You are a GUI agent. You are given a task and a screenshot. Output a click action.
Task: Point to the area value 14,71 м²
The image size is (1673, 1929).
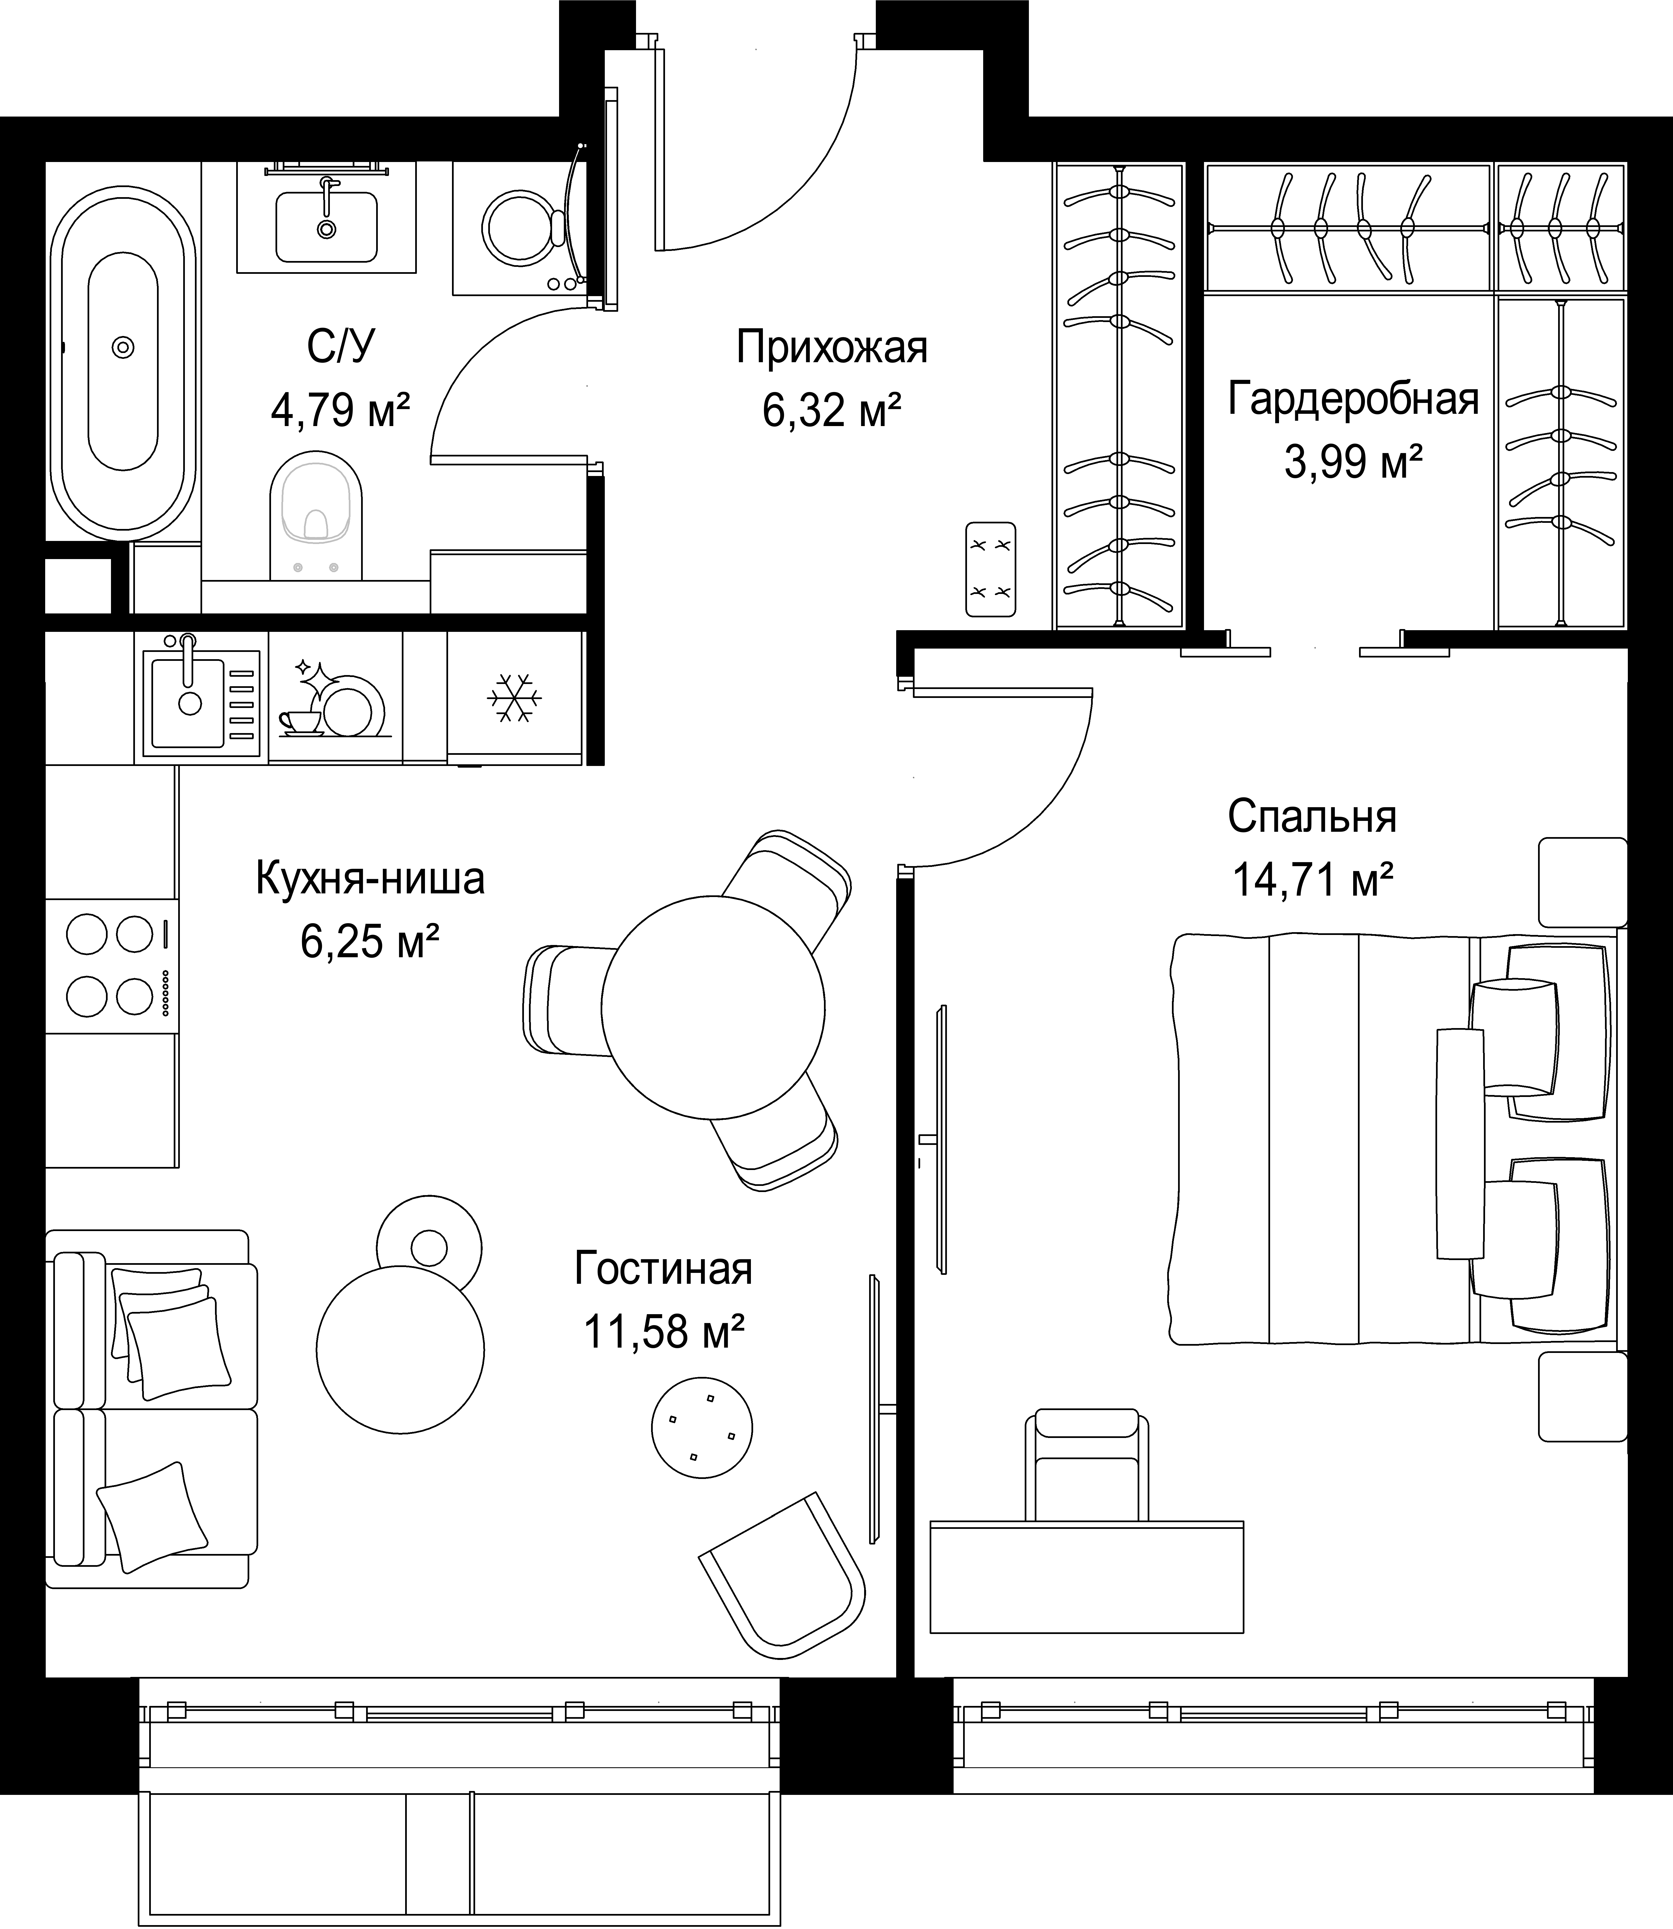[1314, 878]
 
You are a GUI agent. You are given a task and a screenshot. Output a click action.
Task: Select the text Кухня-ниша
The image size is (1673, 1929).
[370, 879]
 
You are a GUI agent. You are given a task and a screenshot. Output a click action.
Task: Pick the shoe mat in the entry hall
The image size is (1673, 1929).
[990, 569]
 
